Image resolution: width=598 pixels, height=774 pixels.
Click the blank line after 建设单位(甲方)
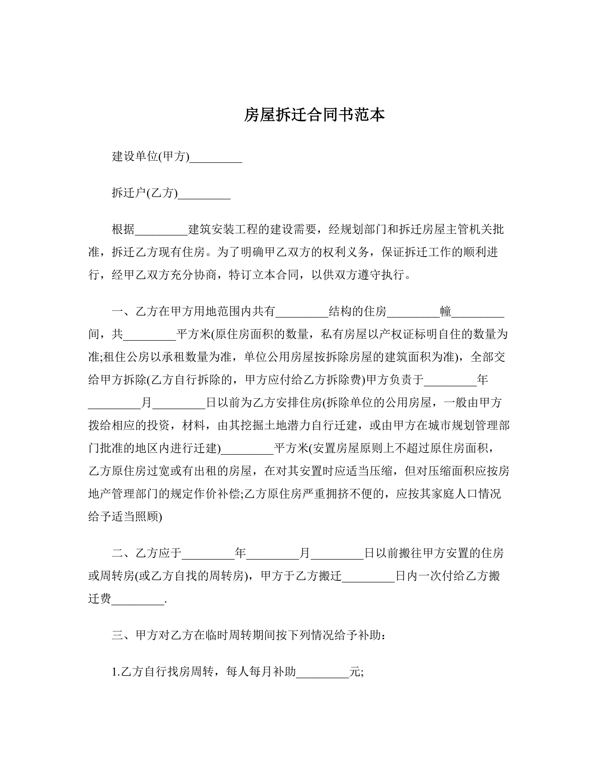point(216,157)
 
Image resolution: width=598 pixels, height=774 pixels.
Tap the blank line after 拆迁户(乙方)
point(204,193)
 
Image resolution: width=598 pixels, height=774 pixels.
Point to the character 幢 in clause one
point(446,311)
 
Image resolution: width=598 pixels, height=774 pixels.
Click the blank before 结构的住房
point(302,311)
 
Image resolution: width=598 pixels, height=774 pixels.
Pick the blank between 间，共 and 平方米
point(149,334)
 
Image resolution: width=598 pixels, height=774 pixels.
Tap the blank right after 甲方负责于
point(450,380)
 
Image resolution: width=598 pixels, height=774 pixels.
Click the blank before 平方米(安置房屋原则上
point(247,449)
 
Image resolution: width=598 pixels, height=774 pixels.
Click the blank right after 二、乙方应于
point(208,553)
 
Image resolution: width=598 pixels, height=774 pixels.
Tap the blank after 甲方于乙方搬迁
point(368,576)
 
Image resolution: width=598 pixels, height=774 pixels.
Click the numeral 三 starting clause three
point(117,635)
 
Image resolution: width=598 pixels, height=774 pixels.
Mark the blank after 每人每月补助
point(322,672)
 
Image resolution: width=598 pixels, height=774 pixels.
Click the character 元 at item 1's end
point(355,672)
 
